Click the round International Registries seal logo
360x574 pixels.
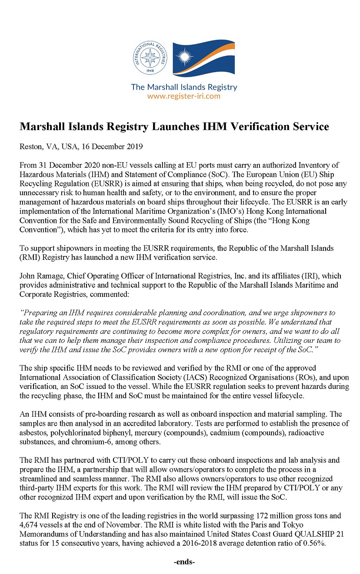click(x=150, y=58)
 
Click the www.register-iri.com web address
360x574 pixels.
click(x=184, y=96)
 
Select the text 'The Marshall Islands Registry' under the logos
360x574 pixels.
click(x=184, y=87)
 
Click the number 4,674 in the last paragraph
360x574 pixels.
click(x=30, y=524)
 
